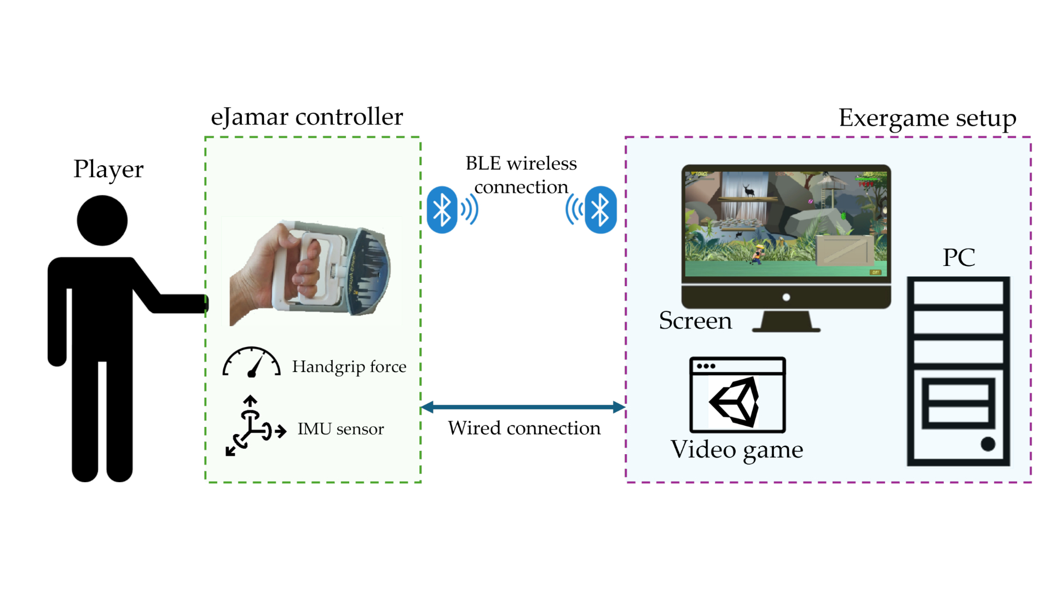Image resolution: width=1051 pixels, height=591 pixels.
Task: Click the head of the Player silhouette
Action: [102, 221]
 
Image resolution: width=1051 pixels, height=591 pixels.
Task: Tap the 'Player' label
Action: [108, 169]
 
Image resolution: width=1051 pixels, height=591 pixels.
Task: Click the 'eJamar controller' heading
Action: [307, 117]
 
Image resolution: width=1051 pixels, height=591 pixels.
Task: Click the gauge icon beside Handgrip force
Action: [251, 363]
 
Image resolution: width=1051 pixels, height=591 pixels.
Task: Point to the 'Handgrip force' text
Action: [349, 367]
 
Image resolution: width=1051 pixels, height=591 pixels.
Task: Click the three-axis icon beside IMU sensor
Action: [253, 426]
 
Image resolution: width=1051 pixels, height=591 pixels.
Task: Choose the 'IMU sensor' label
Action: [340, 429]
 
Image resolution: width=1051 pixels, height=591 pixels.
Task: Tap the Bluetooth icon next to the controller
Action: [442, 210]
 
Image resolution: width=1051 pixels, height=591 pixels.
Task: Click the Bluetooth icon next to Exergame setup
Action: [600, 210]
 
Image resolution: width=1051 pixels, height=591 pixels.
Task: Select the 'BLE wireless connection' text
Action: [521, 175]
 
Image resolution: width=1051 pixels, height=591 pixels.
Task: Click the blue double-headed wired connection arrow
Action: [523, 407]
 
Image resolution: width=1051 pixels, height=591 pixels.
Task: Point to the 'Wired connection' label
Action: [524, 428]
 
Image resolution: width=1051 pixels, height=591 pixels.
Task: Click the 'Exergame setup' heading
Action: [927, 118]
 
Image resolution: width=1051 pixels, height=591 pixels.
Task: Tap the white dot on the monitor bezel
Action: [786, 297]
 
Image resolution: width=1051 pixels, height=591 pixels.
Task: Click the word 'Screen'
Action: [695, 321]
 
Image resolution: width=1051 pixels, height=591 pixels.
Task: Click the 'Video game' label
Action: [737, 450]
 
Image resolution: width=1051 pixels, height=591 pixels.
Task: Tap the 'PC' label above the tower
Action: [958, 257]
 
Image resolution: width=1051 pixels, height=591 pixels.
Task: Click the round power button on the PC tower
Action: [988, 444]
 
